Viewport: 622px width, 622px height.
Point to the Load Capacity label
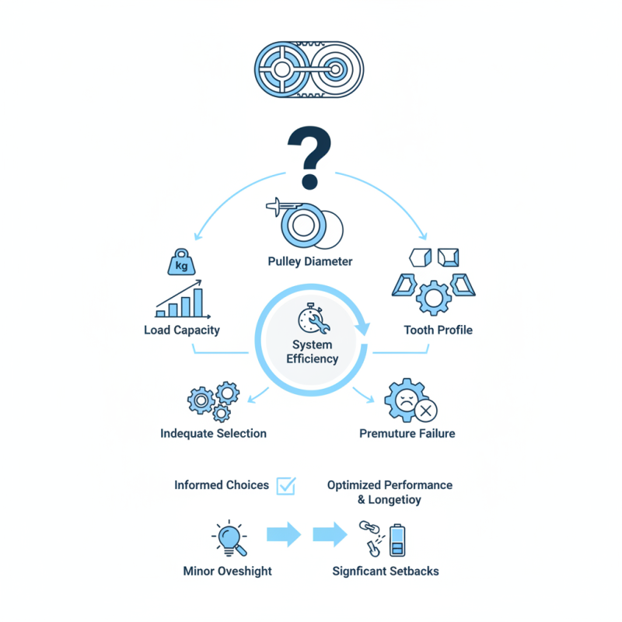[x=182, y=330]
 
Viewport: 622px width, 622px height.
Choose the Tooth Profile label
[x=438, y=330]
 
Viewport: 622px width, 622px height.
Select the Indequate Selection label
[x=213, y=433]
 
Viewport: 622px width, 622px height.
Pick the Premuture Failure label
[x=407, y=433]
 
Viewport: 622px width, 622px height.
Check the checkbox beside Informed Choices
[x=286, y=486]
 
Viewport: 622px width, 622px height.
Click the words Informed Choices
[x=222, y=485]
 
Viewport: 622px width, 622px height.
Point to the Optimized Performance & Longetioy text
[x=390, y=492]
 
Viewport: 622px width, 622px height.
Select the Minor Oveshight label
[x=228, y=571]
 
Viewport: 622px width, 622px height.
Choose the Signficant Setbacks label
[x=386, y=571]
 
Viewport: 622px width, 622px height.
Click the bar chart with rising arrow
[x=180, y=300]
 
